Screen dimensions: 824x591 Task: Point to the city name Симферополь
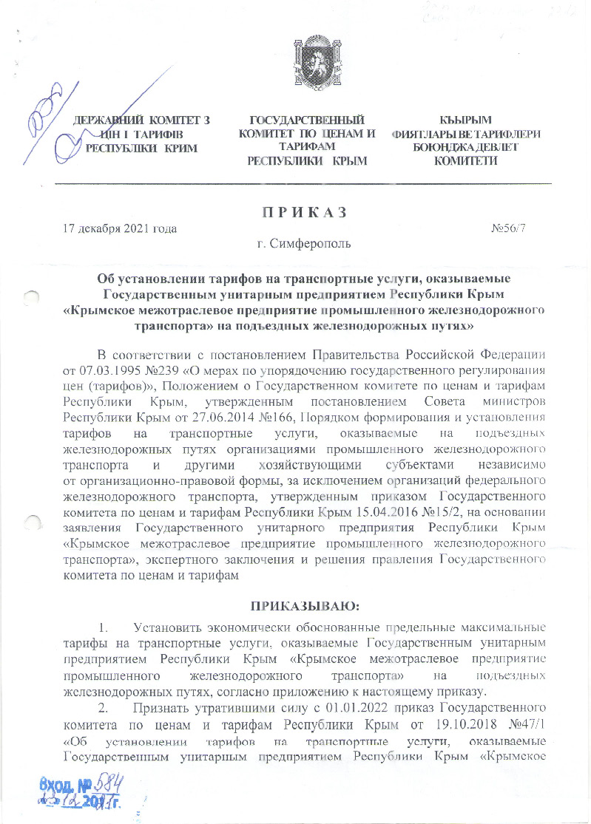point(309,242)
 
